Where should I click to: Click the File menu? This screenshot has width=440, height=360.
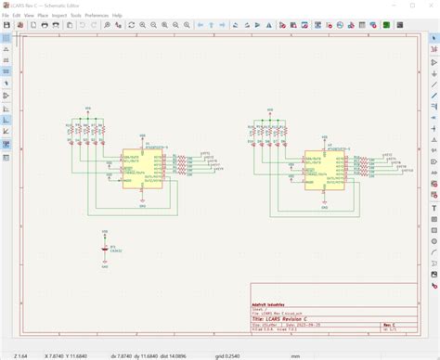click(x=6, y=15)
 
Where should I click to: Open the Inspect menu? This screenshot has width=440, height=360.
click(x=59, y=15)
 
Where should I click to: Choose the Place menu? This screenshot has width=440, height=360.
click(x=43, y=15)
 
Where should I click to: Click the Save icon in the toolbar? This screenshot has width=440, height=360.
click(x=7, y=25)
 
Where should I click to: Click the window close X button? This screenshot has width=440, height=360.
click(x=430, y=6)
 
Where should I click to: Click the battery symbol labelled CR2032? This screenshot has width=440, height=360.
click(x=104, y=249)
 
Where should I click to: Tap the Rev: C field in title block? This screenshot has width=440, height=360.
click(x=390, y=326)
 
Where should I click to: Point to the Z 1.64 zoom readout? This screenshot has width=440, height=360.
click(x=20, y=354)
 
